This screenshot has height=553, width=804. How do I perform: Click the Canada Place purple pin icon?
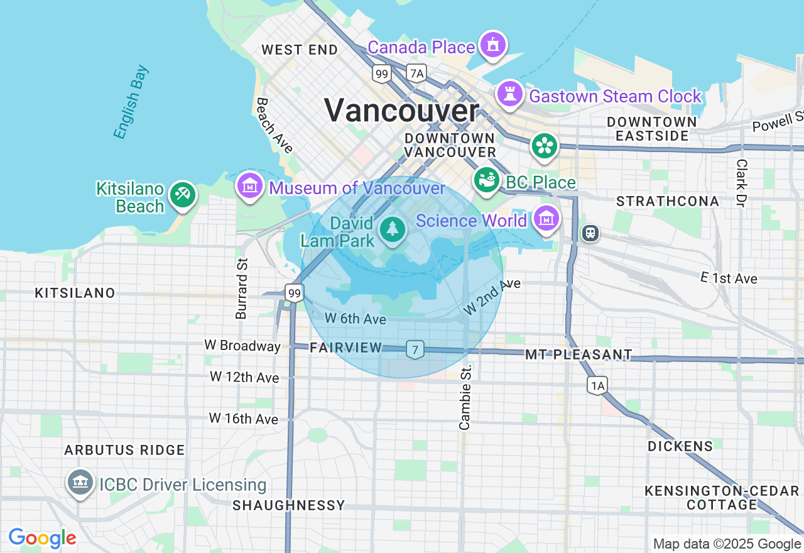click(492, 45)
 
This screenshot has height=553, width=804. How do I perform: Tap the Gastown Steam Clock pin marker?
click(509, 94)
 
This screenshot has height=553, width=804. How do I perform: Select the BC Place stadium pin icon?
click(486, 180)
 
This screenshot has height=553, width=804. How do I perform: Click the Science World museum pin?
click(546, 219)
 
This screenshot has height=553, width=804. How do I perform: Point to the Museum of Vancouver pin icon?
click(250, 186)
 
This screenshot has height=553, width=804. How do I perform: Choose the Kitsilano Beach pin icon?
click(183, 194)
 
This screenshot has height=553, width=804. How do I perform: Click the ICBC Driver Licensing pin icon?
click(80, 483)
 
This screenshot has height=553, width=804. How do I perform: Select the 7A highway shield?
click(416, 74)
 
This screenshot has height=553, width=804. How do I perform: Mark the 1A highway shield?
click(597, 385)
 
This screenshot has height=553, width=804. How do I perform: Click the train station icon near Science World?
click(590, 233)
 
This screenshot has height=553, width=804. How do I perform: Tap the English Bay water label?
click(131, 102)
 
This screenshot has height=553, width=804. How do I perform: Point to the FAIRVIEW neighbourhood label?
click(346, 348)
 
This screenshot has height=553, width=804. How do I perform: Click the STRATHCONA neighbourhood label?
click(668, 201)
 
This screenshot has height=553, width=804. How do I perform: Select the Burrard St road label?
click(242, 288)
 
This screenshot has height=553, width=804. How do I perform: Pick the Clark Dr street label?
click(742, 183)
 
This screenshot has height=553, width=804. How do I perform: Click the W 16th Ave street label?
click(244, 419)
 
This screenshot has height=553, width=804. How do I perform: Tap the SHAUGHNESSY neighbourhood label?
click(289, 505)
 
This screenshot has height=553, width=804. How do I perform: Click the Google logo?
click(42, 538)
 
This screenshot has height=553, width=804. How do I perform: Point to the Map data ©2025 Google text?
click(727, 544)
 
